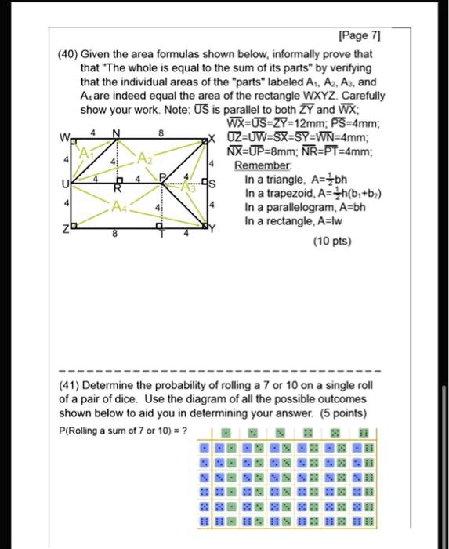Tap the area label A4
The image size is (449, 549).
point(117,206)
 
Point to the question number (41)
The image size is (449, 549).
point(73,386)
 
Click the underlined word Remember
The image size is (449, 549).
point(259,166)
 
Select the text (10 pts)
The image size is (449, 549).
point(331,242)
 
